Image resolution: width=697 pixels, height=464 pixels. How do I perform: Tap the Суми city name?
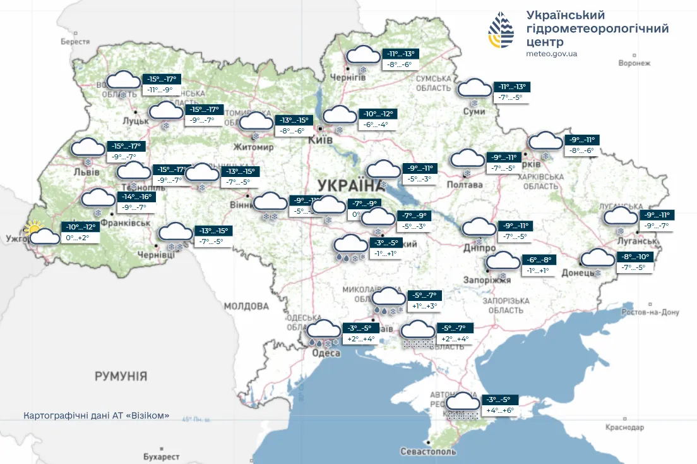(474, 112)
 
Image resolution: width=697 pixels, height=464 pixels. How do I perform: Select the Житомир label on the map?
(253, 147)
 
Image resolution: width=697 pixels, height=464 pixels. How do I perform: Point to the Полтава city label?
(465, 185)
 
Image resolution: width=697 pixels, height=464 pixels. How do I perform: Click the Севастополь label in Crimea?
(428, 451)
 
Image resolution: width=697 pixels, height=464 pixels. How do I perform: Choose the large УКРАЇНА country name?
(347, 185)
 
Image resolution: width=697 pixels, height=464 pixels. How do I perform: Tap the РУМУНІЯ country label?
(121, 376)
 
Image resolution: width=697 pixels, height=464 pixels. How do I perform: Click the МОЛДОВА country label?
(246, 306)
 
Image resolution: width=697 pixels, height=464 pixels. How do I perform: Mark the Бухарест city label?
(161, 456)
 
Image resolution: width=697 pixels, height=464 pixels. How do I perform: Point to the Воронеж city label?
(634, 63)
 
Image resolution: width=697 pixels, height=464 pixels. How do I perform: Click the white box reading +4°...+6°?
(500, 410)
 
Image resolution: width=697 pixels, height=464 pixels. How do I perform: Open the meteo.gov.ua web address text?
(551, 54)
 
